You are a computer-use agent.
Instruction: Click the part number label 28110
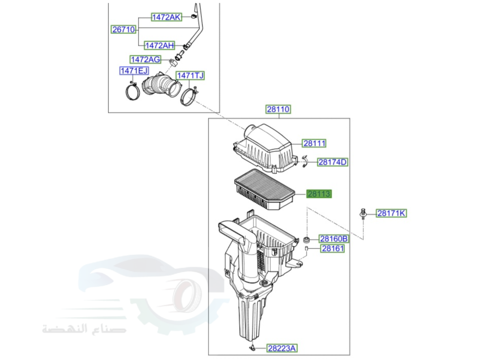(278, 109)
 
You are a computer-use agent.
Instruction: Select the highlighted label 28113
(319, 194)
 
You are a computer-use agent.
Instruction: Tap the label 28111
(314, 143)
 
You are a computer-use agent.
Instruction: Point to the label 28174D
(332, 162)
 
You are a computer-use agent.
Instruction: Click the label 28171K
(391, 213)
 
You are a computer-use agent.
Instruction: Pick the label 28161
(332, 249)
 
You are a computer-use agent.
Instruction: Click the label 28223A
(282, 348)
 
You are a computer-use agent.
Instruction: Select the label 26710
(123, 29)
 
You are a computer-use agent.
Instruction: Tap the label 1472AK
(166, 17)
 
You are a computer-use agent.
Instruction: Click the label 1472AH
(159, 45)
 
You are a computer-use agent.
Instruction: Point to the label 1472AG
(145, 59)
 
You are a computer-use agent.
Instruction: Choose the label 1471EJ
(134, 71)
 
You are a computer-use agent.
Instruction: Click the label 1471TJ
(190, 75)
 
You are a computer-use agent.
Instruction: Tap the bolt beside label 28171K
(364, 213)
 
